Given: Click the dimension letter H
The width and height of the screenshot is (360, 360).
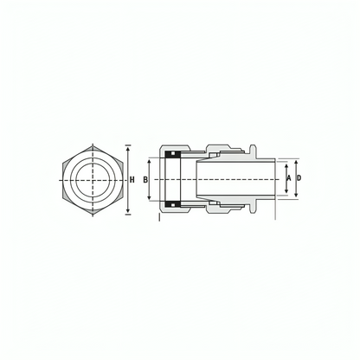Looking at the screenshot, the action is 132,180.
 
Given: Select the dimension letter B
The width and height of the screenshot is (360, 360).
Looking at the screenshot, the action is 145,180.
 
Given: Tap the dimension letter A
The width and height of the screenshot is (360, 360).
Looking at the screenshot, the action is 289,178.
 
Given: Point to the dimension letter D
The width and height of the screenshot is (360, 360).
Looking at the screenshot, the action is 299,178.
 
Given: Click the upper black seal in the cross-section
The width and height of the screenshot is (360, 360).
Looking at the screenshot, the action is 173,155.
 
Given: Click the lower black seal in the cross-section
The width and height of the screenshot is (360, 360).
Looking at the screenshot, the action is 173,204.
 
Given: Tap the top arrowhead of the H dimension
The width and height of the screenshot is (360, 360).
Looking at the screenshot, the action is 128,148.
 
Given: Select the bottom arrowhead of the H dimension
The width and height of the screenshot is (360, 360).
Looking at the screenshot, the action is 128,211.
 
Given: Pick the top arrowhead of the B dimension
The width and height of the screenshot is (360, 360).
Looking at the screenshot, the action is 149,163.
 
